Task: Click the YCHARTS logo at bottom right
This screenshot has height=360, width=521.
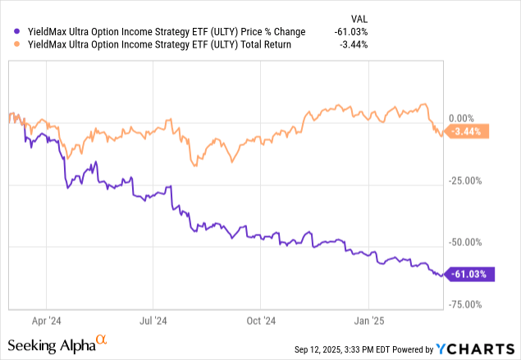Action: point(480,349)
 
